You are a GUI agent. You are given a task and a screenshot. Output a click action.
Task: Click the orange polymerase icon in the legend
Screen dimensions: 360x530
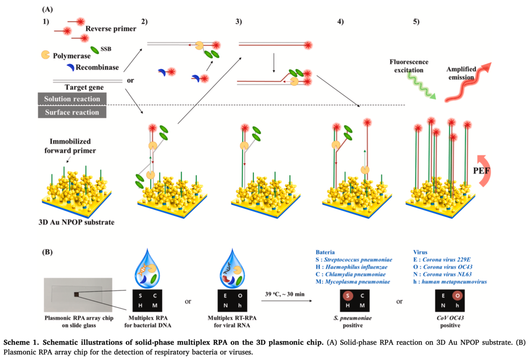(x=45, y=55)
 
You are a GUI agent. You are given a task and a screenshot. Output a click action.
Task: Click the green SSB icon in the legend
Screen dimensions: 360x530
(x=95, y=51)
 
